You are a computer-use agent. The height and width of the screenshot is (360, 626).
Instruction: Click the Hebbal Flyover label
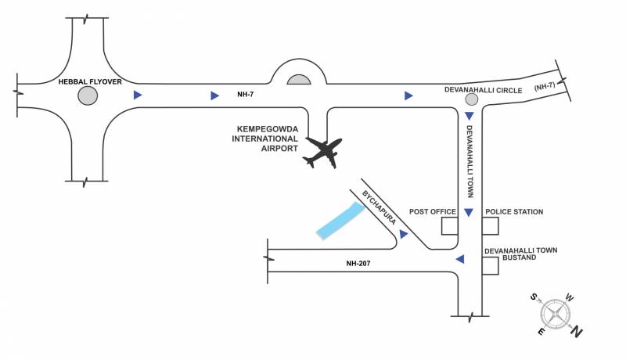pos(89,81)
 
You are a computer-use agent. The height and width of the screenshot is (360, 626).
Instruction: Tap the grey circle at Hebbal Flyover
pos(88,96)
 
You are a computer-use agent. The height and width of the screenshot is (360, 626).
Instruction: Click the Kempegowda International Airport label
pos(267,139)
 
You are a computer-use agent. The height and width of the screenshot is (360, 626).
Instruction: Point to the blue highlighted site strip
pos(340,221)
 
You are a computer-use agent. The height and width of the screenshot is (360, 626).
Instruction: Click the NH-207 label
pos(358,264)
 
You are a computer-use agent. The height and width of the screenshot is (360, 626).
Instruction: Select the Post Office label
pos(433,212)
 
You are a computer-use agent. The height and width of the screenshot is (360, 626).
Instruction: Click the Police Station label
pos(514,212)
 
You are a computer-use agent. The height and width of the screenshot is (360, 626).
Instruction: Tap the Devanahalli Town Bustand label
pos(520,254)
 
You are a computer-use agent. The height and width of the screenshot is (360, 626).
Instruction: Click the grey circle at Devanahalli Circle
pos(471,100)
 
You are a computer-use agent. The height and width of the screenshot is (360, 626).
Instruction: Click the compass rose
pos(555,315)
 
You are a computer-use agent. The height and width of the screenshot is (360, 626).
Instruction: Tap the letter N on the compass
pos(577,333)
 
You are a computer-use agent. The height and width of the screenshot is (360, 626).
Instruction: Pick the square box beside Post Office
pos(449,226)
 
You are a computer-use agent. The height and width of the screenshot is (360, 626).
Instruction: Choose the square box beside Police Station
pos(490,226)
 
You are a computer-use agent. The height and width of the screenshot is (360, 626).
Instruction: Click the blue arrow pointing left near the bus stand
pos(460,259)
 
